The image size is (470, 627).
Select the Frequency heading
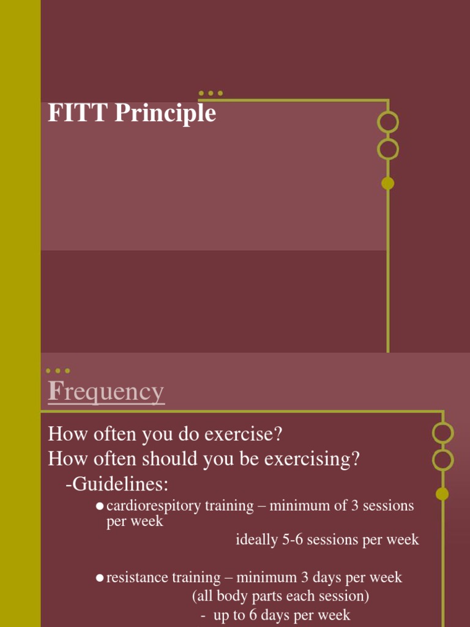point(106,392)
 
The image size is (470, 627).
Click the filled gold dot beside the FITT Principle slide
point(387,183)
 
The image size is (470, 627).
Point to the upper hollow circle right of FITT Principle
point(387,122)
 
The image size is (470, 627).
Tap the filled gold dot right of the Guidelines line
point(442,494)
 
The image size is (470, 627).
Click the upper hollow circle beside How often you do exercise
point(442,433)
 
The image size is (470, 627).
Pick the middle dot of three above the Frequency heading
point(58,371)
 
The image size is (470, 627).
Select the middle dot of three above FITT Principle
point(211,94)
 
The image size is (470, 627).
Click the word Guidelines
point(119,484)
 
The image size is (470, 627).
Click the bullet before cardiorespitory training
point(99,506)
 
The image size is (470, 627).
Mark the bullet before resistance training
point(99,578)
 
